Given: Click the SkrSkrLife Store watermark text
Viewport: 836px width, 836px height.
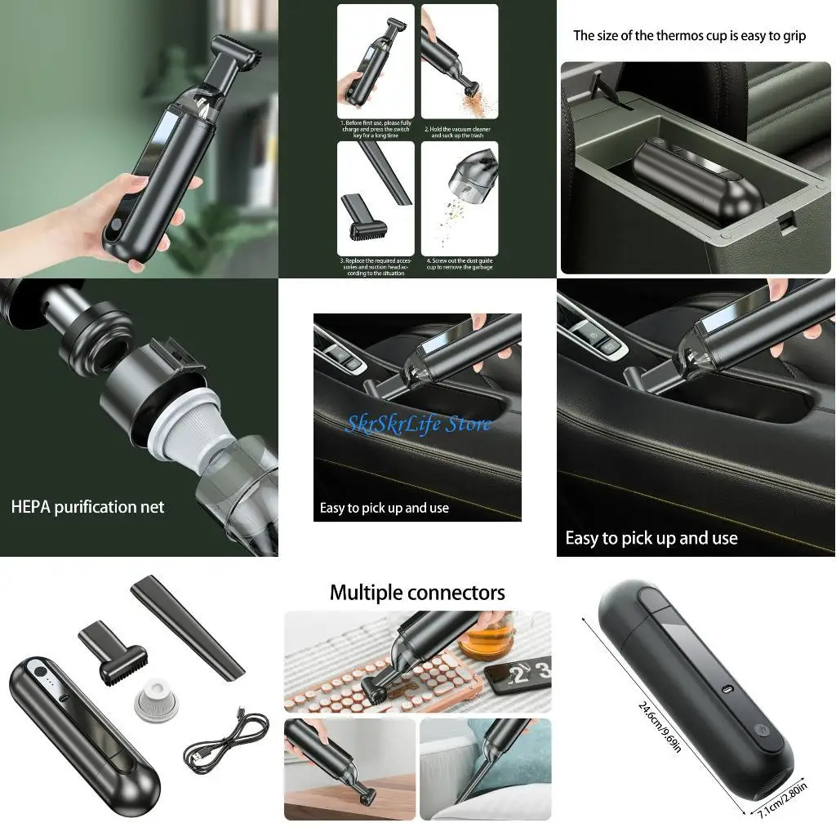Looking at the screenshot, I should point(418,424).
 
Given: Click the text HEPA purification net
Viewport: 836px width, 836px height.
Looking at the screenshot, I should point(87,507).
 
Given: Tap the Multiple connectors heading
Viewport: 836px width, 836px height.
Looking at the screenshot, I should point(417,592).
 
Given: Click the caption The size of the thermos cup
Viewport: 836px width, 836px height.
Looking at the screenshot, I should point(689,35).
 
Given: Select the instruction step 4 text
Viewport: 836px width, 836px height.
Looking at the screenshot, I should point(458,262).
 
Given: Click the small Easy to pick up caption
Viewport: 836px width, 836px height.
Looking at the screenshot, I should point(384,508).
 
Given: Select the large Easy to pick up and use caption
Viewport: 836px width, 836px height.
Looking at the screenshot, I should point(651,538).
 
